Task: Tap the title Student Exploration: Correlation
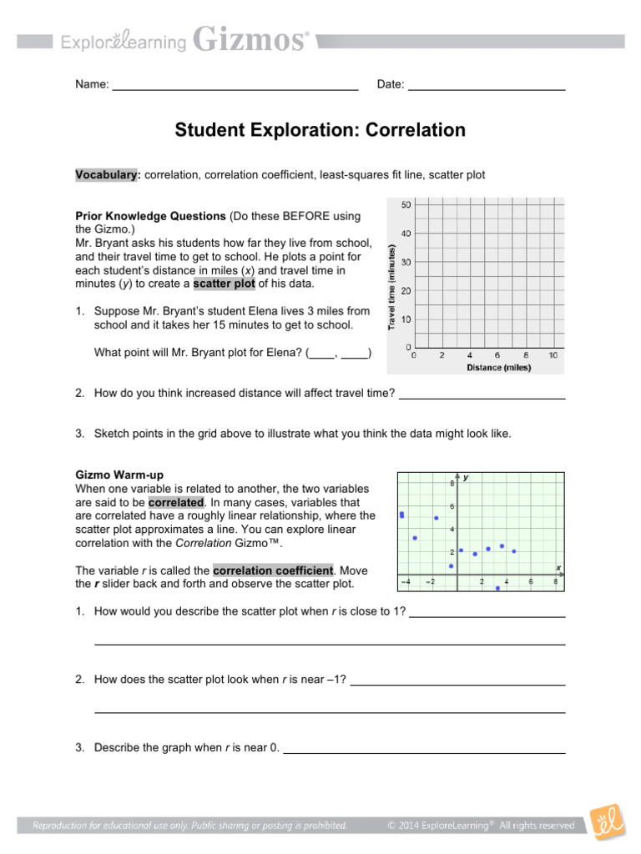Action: [320, 130]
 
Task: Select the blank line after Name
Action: [235, 87]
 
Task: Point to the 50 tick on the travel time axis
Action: [406, 205]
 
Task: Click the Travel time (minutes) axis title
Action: [393, 286]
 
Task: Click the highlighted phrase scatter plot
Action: [224, 284]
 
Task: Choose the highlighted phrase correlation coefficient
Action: [273, 570]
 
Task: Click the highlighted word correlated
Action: [176, 503]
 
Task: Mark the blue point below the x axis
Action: [497, 588]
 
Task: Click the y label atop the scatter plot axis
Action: [466, 478]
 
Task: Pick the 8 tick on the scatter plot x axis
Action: [555, 581]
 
